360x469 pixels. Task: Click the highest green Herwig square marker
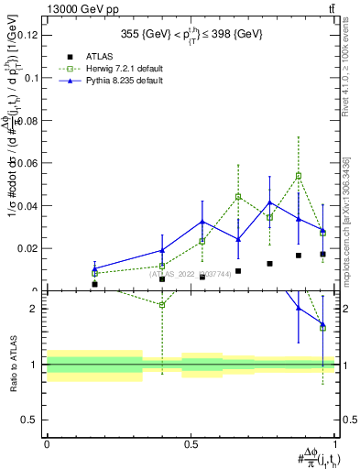299,176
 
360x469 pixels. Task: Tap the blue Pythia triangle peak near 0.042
269,202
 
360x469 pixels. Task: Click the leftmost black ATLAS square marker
94,284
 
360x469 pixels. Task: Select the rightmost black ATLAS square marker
322,254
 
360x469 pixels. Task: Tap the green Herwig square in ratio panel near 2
162,304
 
